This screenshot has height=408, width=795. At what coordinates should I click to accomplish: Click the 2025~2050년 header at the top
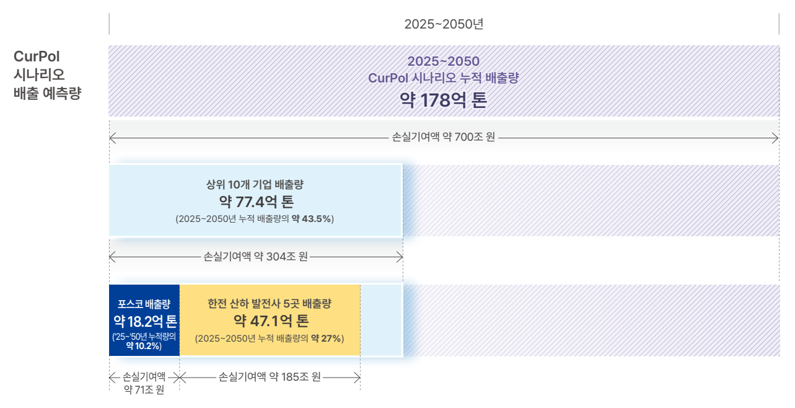444,24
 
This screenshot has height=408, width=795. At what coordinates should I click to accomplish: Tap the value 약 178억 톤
443,100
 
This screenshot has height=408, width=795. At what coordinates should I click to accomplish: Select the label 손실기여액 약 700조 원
443,137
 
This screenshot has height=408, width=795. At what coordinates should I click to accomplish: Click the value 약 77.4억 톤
257,202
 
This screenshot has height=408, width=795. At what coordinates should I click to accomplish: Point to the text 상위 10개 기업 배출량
255,184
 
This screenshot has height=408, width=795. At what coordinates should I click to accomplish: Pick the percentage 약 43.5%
311,219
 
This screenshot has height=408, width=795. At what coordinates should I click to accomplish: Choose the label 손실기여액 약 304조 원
255,256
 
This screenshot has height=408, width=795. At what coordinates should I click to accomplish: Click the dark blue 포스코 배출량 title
144,304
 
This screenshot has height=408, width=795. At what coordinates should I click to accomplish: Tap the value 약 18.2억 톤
145,322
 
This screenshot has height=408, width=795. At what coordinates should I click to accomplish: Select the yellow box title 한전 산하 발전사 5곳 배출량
270,304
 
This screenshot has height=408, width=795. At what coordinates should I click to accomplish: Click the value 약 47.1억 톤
271,321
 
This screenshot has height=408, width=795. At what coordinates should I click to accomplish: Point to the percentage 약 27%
326,339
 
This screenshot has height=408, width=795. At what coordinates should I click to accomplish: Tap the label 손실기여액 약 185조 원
270,377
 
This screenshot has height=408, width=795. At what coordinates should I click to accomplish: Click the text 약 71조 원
144,389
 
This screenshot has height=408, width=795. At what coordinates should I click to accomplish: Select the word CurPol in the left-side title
37,56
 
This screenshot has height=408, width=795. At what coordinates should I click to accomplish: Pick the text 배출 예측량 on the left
48,93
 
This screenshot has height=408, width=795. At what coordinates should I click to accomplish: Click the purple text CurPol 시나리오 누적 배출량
443,78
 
